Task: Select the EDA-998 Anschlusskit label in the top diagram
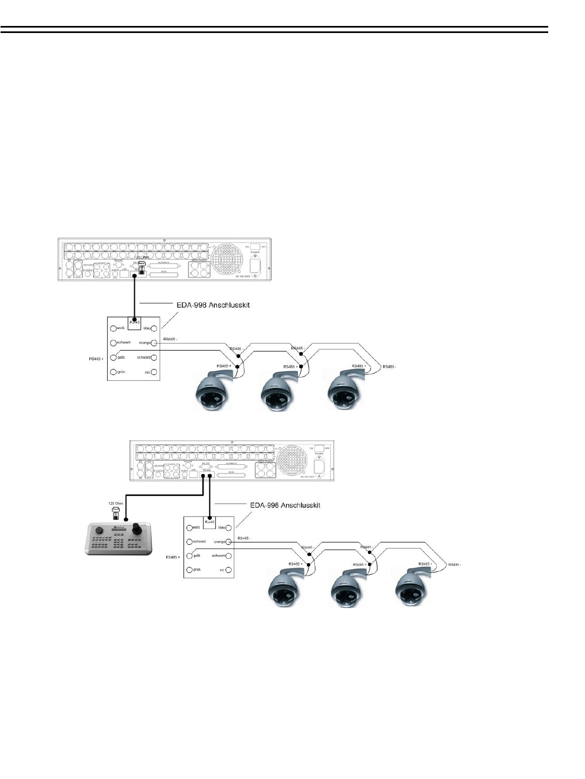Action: pos(214,305)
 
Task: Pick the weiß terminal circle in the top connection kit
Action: pos(113,328)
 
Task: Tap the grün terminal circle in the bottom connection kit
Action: pos(189,570)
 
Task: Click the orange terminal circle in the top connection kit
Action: pos(154,342)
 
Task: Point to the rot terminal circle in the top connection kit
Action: pos(154,372)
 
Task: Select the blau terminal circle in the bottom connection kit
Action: pos(229,527)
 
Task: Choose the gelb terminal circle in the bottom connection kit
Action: pos(189,556)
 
